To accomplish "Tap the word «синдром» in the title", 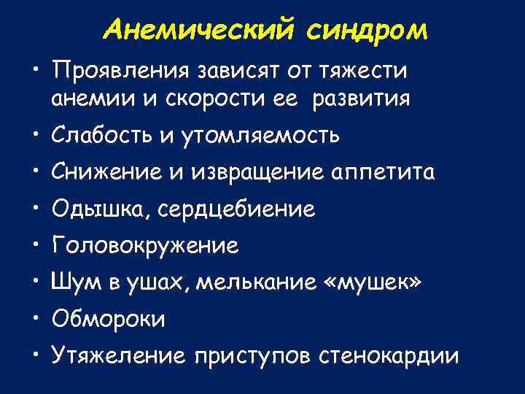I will pos(368,30).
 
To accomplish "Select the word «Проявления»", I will pos(117,72).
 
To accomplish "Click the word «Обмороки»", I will pos(108,320).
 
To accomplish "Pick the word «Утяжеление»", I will pos(119,356).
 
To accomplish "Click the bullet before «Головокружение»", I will pos(36,245).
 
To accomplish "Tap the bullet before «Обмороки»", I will pos(36,318).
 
